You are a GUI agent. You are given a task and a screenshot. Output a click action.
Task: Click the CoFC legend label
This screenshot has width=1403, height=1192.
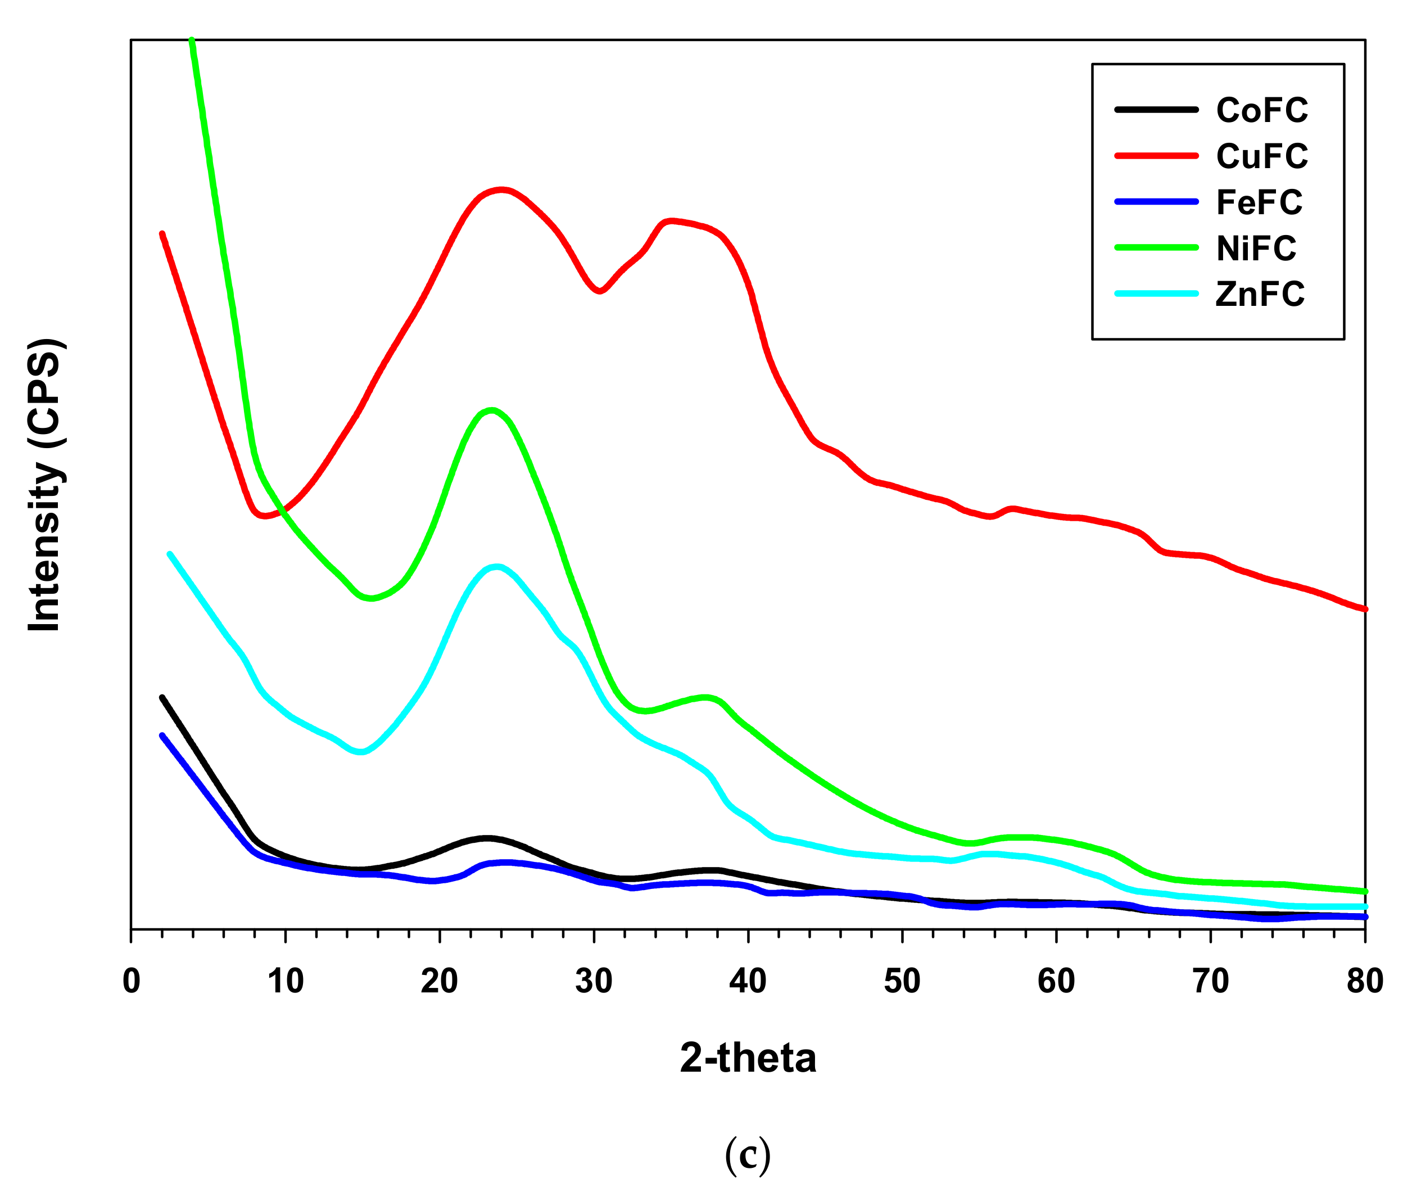1261,110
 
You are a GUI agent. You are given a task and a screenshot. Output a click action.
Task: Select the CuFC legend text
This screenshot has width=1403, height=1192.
1261,156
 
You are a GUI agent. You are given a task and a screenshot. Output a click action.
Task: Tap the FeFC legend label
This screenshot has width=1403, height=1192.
1259,202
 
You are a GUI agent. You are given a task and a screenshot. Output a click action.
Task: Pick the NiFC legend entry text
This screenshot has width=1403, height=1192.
1256,248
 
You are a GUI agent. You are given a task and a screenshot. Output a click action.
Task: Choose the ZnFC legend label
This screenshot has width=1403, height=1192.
1259,294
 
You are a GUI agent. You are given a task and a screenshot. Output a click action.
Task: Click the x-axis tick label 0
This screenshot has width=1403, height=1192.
131,981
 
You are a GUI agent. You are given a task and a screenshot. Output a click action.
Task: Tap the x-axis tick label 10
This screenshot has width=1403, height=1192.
285,981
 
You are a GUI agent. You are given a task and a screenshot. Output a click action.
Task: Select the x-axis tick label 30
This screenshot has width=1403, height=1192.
594,981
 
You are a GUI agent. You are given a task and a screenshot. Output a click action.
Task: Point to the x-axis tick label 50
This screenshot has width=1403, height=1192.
902,981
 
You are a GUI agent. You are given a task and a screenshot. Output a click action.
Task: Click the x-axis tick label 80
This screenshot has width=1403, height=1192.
1364,981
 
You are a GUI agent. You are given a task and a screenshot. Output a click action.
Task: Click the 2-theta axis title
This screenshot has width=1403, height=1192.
748,1058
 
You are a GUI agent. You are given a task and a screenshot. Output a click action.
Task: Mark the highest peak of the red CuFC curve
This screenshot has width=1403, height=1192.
500,190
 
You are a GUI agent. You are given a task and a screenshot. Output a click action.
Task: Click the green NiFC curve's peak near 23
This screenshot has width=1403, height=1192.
491,410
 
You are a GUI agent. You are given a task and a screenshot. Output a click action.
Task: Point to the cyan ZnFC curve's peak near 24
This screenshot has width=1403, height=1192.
498,566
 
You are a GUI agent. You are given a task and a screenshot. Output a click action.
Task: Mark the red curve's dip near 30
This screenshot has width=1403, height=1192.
599,291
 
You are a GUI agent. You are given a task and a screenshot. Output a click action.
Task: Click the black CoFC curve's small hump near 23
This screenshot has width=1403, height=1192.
486,838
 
